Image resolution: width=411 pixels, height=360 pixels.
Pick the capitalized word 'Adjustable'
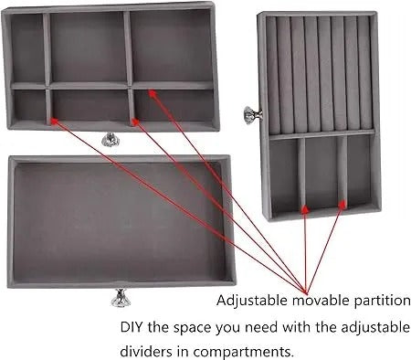click(x=248, y=300)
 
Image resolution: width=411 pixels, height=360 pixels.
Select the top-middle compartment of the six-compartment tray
click(x=87, y=48)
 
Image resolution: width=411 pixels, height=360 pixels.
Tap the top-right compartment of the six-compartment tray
click(x=172, y=48)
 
